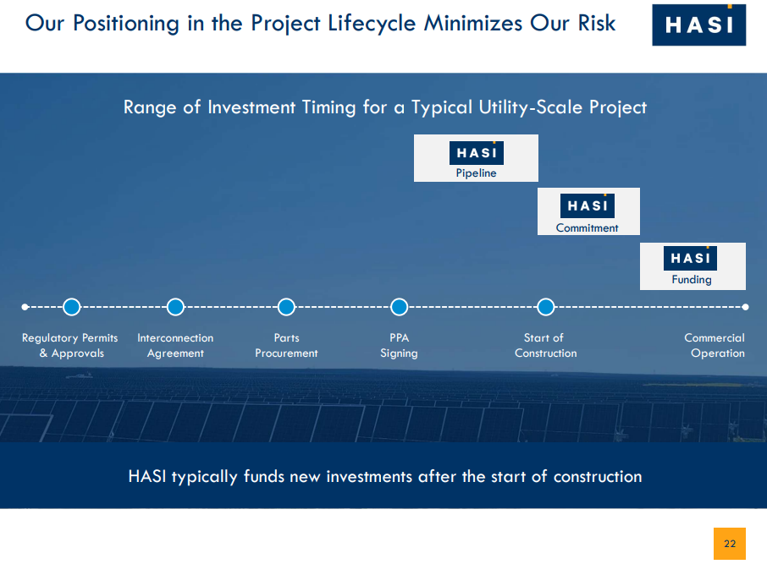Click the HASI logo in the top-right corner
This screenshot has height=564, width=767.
[699, 25]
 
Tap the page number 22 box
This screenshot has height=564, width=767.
[730, 544]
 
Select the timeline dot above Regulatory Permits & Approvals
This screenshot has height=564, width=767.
[72, 307]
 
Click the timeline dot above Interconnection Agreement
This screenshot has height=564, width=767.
[175, 307]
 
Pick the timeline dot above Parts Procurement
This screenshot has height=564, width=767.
[286, 307]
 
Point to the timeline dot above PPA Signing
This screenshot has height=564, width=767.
[399, 307]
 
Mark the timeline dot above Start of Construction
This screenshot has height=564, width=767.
[546, 307]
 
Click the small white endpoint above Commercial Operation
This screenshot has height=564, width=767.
[745, 307]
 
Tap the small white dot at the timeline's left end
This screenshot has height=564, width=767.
[25, 307]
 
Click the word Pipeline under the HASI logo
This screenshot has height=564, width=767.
[476, 173]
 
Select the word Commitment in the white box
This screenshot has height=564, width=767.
[587, 227]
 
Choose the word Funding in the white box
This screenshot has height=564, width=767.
[692, 280]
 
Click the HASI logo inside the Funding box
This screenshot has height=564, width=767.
[690, 258]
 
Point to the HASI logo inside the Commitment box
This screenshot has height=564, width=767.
[588, 205]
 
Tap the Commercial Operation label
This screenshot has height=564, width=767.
[715, 346]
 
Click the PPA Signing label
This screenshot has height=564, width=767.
[399, 346]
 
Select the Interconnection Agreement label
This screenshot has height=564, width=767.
[175, 346]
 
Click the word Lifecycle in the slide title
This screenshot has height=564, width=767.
[372, 24]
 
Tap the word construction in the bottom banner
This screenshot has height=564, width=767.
[598, 477]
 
